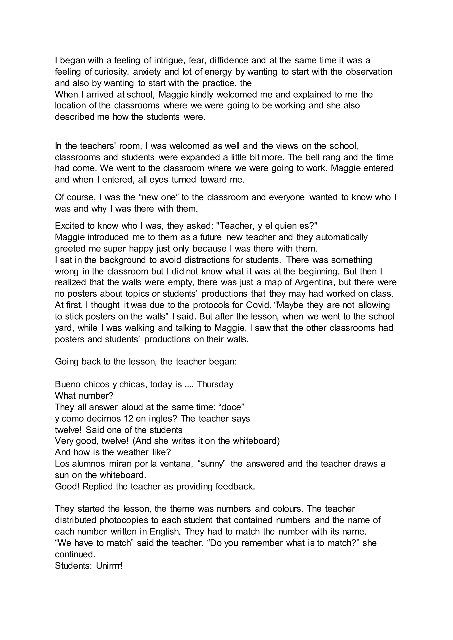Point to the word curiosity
pyautogui.click(x=111, y=72)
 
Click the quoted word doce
pyautogui.click(x=232, y=407)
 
